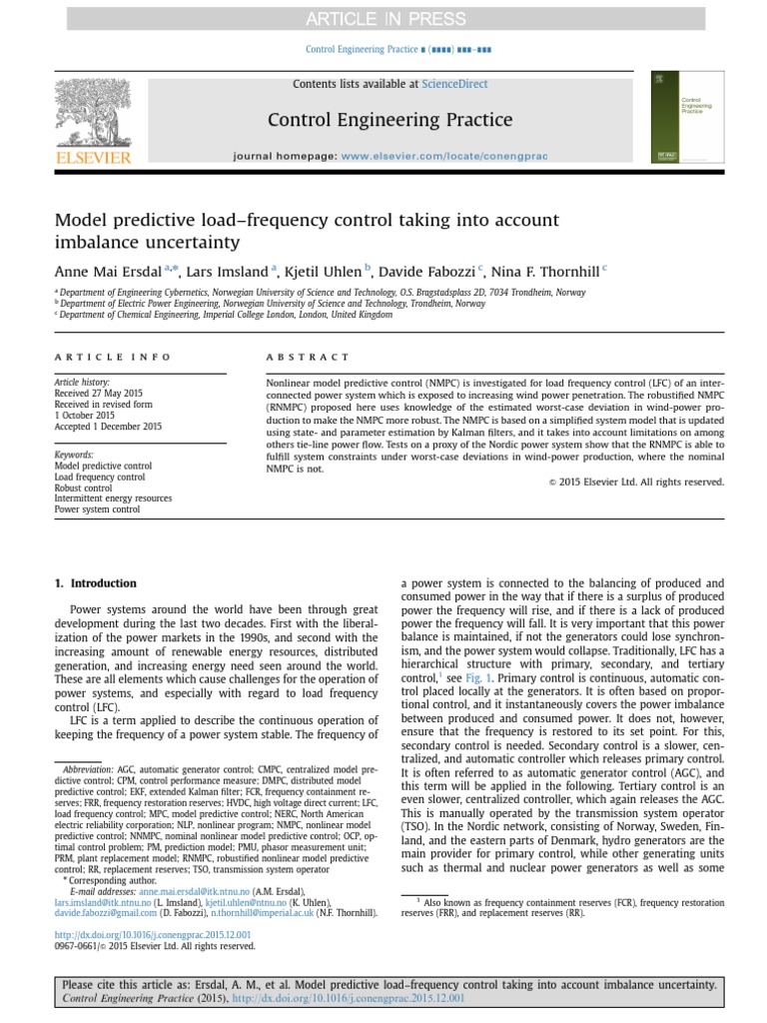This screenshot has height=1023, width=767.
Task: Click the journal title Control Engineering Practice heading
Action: tap(389, 121)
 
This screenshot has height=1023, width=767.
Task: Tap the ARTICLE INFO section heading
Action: tap(112, 357)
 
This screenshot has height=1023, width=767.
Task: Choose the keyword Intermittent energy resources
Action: tap(113, 499)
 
